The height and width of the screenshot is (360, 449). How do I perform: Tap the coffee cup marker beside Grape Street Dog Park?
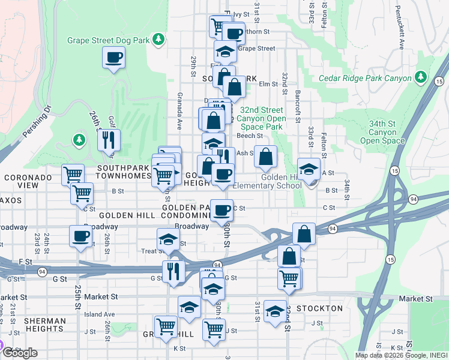pyautogui.click(x=114, y=58)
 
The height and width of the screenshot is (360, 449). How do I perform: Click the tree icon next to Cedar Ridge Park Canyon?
pyautogui.click(x=421, y=77)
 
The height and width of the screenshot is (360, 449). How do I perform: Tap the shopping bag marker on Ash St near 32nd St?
pyautogui.click(x=266, y=158)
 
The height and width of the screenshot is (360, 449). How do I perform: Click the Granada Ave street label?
pyautogui.click(x=179, y=112)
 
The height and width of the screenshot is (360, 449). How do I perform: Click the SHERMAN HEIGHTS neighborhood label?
pyautogui.click(x=44, y=325)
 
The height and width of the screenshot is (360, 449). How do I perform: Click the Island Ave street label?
pyautogui.click(x=100, y=314)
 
